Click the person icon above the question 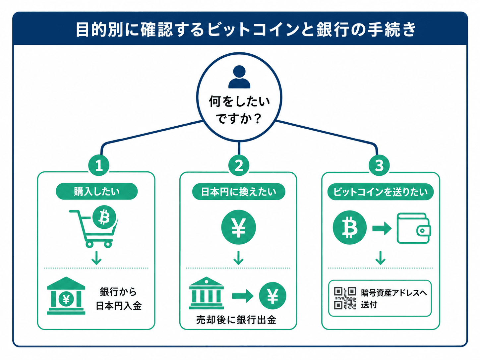pos(239,77)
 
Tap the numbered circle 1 pos(99,165)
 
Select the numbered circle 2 pos(239,165)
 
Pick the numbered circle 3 pos(379,165)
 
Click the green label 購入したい pos(97,191)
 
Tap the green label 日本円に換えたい pos(239,192)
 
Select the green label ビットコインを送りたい pos(380,192)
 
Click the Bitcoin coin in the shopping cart pos(104,217)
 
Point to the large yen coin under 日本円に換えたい pos(238,227)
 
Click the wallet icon pos(413,228)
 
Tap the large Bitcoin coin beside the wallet pos(349,227)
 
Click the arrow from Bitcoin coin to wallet pos(382,228)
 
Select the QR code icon pos(345,298)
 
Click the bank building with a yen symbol pos(66,296)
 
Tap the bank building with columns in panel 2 pos(206,293)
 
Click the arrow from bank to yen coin pos(243,296)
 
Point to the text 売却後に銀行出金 pos(236,320)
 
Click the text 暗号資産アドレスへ pos(394,293)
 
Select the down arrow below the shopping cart pos(96,258)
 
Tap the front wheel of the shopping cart pos(108,244)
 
